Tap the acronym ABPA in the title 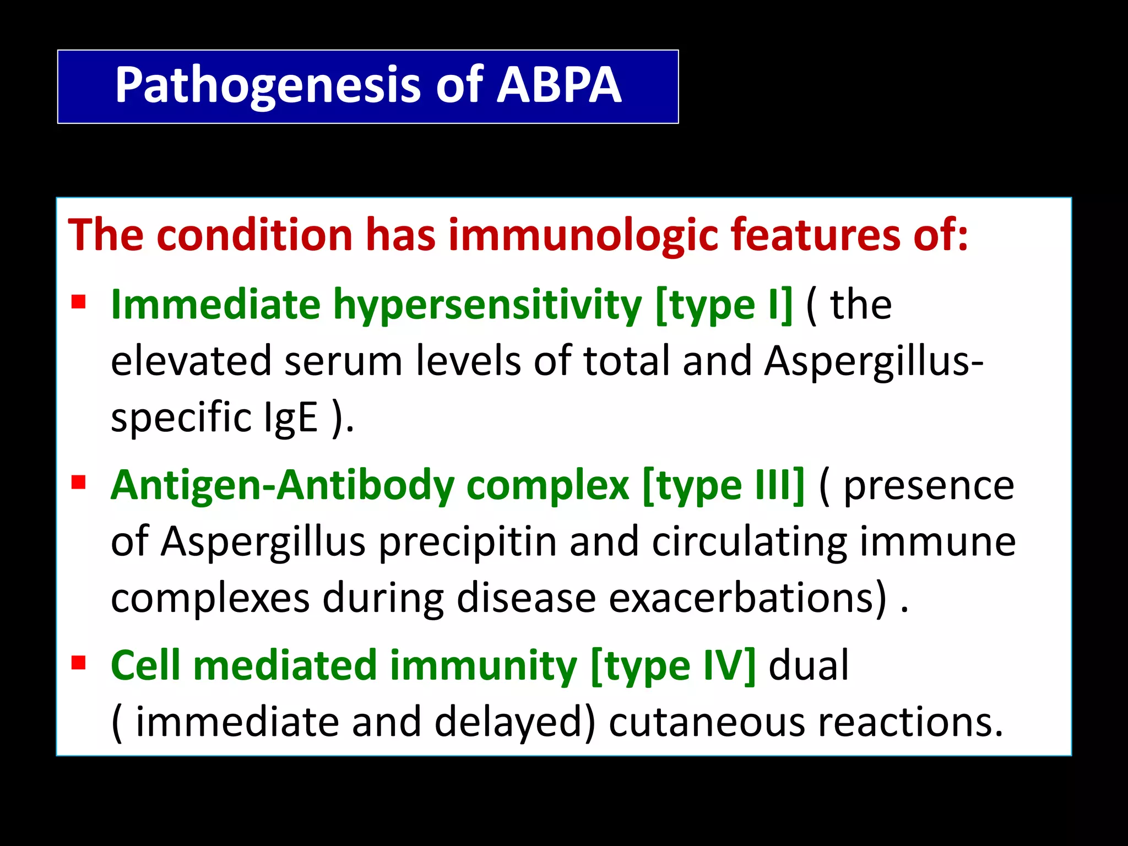click(558, 85)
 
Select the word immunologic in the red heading click(583, 235)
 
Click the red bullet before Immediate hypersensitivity click(79, 302)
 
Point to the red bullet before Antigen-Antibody click(79, 482)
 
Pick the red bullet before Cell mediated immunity click(79, 663)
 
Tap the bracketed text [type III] click(723, 485)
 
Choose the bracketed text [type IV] click(673, 665)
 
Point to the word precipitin click(468, 542)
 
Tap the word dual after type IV click(808, 665)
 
